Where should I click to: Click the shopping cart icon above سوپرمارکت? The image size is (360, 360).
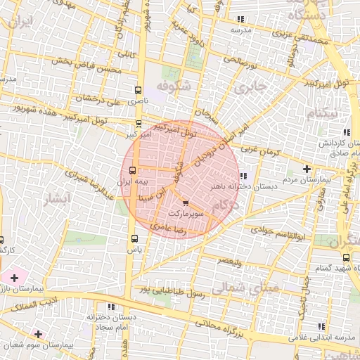[x=175, y=202]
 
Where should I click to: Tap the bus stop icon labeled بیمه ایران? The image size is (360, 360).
[x=133, y=170]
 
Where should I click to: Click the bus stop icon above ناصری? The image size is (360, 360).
[x=137, y=90]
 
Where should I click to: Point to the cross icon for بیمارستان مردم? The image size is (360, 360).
[x=307, y=169]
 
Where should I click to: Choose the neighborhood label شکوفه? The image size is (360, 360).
[x=173, y=86]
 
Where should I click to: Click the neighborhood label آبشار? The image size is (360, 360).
[x=58, y=200]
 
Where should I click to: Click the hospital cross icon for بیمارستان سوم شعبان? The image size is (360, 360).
[x=38, y=334]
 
